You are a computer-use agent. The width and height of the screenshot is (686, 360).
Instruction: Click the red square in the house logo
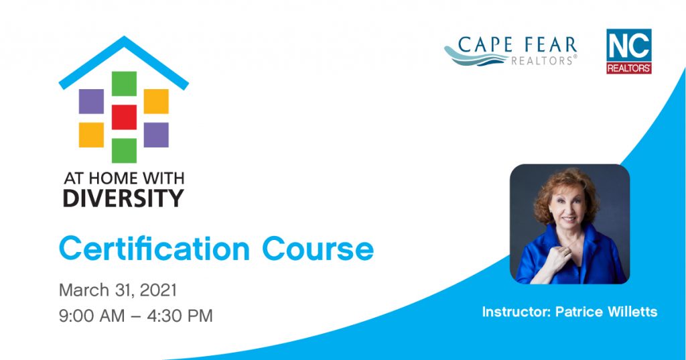pyautogui.click(x=124, y=117)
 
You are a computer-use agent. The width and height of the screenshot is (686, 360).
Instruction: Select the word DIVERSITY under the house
pyautogui.click(x=124, y=198)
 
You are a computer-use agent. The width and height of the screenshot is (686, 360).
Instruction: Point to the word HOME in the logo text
pyautogui.click(x=112, y=178)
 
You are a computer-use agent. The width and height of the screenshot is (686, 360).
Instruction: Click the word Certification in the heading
pyautogui.click(x=155, y=249)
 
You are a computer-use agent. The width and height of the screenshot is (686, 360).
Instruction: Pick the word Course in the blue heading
pyautogui.click(x=318, y=249)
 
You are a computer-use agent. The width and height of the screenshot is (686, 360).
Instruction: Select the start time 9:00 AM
pyautogui.click(x=92, y=316)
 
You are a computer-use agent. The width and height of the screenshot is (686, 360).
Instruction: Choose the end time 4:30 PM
pyautogui.click(x=180, y=316)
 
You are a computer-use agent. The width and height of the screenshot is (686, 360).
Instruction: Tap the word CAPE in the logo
pyautogui.click(x=484, y=45)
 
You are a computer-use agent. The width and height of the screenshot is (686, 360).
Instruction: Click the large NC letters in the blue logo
pyautogui.click(x=628, y=47)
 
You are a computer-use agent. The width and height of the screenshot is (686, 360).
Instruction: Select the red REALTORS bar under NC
pyautogui.click(x=628, y=68)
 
